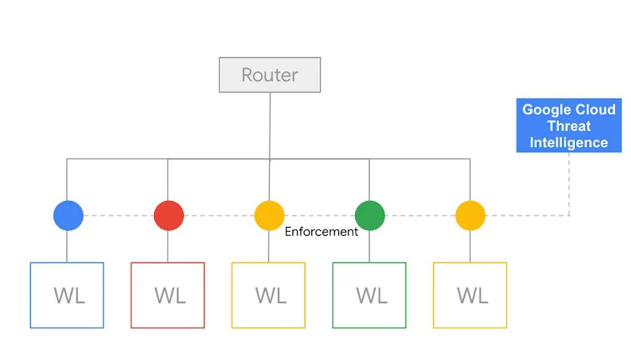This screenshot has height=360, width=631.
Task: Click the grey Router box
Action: [x=269, y=75]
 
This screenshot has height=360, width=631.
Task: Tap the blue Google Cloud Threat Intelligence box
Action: [x=568, y=126]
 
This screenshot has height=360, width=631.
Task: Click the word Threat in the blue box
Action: [x=568, y=126]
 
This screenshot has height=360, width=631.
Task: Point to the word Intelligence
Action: [x=568, y=142]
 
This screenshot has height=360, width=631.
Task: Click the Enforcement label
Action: [x=321, y=232]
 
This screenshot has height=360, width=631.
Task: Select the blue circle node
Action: [x=68, y=216]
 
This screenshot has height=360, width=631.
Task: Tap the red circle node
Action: [x=168, y=216]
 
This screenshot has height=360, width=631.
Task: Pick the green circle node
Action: [x=370, y=216]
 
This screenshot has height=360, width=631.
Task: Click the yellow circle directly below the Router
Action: [x=269, y=216]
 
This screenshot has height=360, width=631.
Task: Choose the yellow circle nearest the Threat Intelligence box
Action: [x=470, y=216]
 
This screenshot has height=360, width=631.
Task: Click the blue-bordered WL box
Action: [x=67, y=295]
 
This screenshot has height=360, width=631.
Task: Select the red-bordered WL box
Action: [x=168, y=295]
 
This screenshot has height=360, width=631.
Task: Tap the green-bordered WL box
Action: [x=369, y=295]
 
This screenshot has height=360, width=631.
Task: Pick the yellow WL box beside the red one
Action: [x=269, y=295]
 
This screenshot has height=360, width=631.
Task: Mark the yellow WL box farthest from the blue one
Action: [x=470, y=295]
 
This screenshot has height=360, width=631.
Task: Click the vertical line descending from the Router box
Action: [x=270, y=123]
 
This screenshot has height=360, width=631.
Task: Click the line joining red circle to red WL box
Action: [x=168, y=247]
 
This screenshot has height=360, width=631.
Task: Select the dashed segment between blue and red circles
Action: [x=118, y=216]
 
